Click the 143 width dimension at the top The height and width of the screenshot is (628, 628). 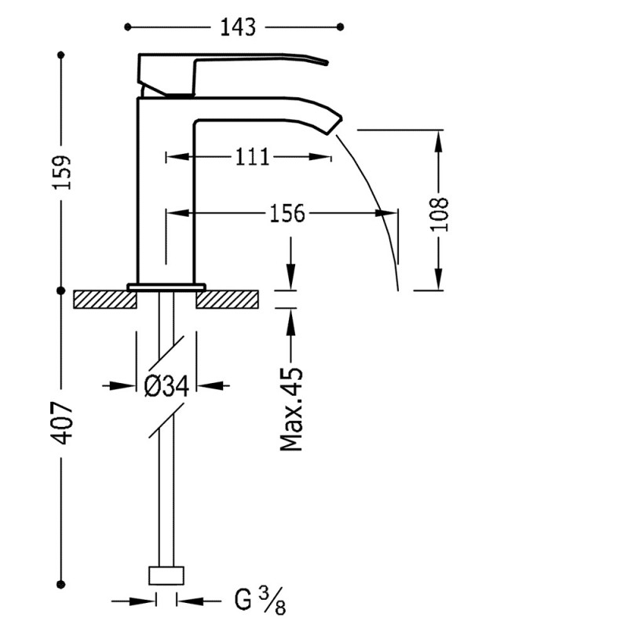(238, 27)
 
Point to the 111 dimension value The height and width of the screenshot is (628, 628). (252, 157)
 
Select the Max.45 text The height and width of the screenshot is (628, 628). (292, 408)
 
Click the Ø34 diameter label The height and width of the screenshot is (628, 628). (166, 385)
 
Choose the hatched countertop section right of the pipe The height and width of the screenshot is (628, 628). (228, 299)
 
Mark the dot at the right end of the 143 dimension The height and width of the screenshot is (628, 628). (340, 27)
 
